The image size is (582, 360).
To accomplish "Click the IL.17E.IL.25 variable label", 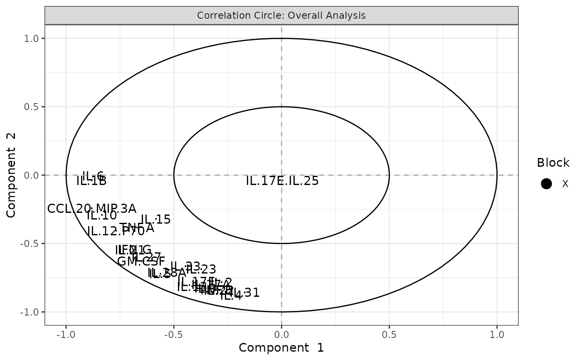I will click(282, 181).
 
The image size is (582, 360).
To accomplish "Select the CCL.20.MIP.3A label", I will click(91, 209).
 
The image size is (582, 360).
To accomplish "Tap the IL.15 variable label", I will click(156, 219).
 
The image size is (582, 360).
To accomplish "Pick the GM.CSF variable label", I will click(141, 262).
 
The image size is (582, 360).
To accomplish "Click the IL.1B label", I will click(91, 181).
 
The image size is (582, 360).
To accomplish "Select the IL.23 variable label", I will click(201, 270).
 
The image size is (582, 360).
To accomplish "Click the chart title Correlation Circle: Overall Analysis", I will click(281, 16).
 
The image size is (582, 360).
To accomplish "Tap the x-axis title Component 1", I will click(281, 348).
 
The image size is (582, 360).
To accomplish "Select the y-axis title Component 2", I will click(11, 175).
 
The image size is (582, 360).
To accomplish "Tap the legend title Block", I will click(553, 163).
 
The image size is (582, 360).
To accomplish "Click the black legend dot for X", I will click(547, 184).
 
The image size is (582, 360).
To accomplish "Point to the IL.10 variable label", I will click(102, 216).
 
